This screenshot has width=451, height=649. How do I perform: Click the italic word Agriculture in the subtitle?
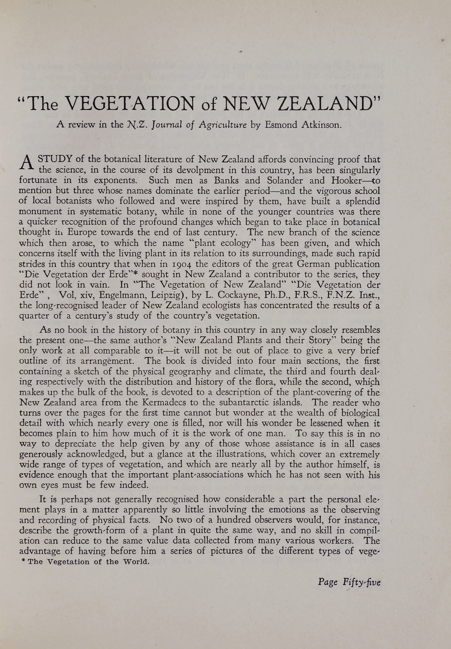[223, 125]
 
